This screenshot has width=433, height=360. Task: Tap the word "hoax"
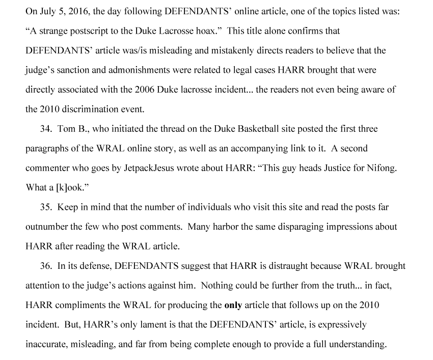[205, 31]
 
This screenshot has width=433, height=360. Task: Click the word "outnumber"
[45, 227]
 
